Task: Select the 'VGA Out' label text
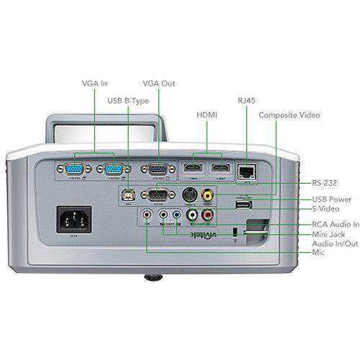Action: tap(158, 84)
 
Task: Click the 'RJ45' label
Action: tap(246, 101)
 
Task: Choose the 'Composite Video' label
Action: tap(289, 115)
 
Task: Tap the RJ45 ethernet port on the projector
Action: tap(247, 170)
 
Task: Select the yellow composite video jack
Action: tap(207, 194)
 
